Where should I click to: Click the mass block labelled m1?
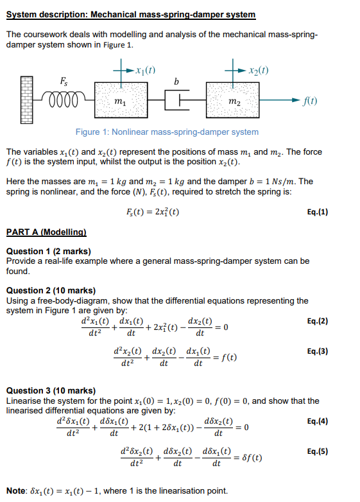(x=120, y=101)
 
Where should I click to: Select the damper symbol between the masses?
(x=177, y=101)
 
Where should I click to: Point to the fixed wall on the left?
(x=26, y=100)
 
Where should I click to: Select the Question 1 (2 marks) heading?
(x=48, y=251)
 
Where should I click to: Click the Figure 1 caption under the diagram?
(x=167, y=132)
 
